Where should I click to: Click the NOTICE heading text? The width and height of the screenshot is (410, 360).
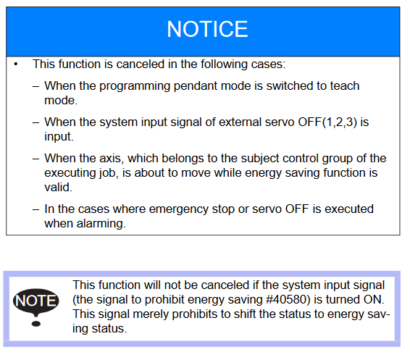pyautogui.click(x=207, y=29)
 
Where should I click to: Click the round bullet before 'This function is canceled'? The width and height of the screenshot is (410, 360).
pyautogui.click(x=16, y=64)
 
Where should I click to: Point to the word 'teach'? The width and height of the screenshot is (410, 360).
pyautogui.click(x=345, y=85)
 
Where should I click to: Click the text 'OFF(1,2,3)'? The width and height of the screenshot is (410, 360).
pyautogui.click(x=327, y=122)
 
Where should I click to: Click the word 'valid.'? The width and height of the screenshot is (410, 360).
pyautogui.click(x=58, y=187)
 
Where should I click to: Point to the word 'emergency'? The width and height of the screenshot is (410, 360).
pyautogui.click(x=179, y=209)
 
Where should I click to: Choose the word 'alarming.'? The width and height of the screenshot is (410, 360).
pyautogui.click(x=101, y=224)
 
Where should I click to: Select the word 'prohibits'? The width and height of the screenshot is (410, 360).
pyautogui.click(x=194, y=314)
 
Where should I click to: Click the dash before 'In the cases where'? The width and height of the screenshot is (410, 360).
pyautogui.click(x=35, y=209)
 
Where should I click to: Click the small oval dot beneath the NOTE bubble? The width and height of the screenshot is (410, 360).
pyautogui.click(x=36, y=324)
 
